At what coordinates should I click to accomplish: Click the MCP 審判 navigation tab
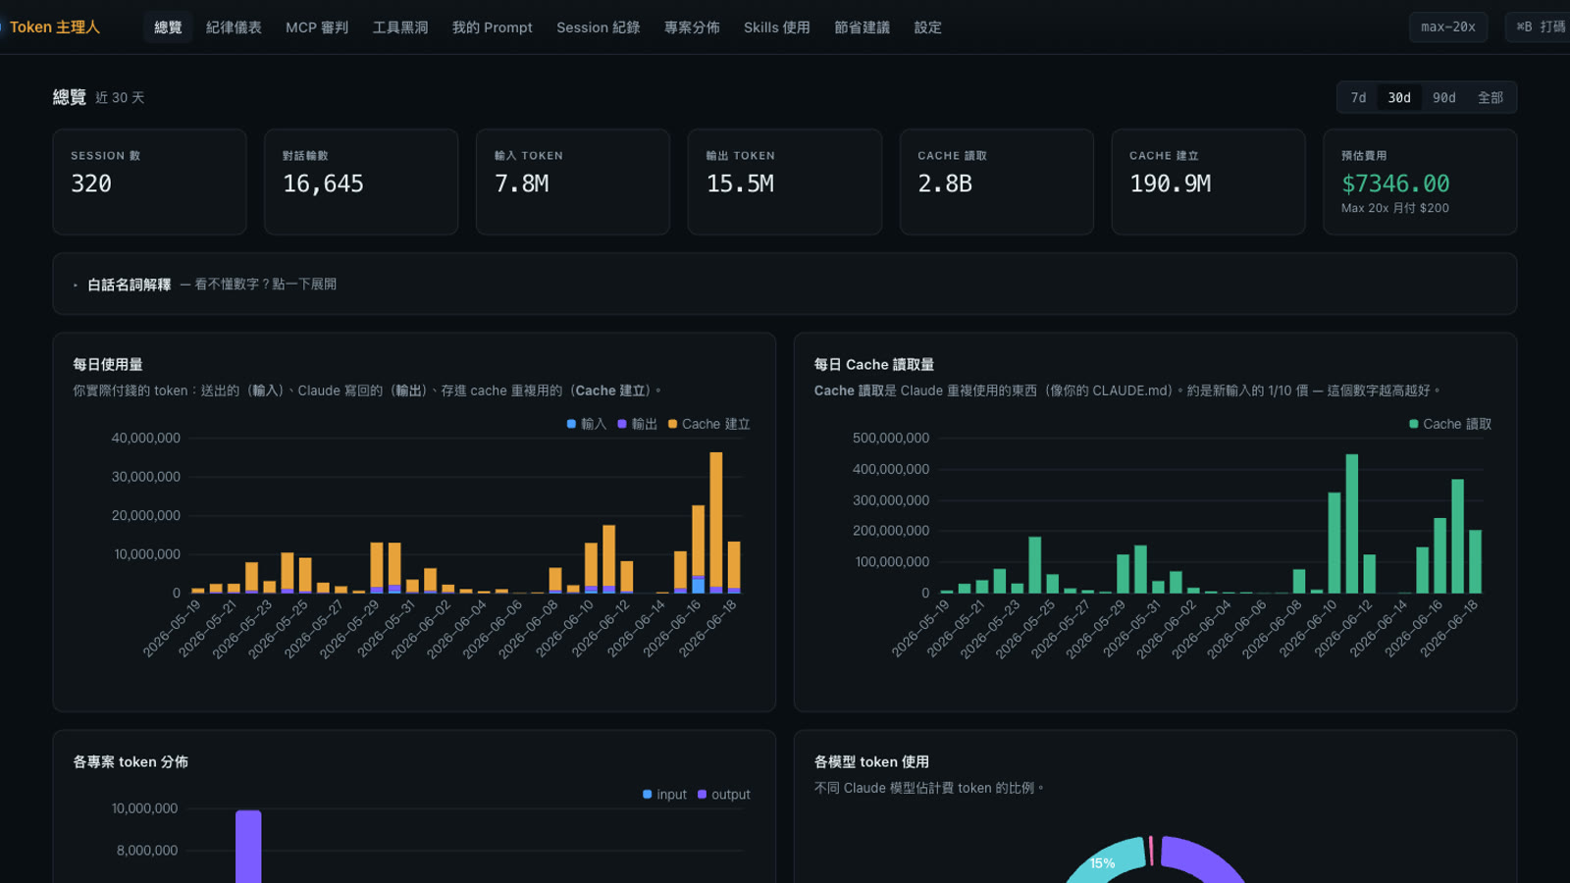(317, 27)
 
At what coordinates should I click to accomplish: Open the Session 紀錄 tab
(598, 27)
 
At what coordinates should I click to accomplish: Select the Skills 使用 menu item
(776, 27)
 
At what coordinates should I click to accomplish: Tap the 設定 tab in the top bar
(927, 27)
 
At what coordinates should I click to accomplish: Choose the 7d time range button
(1358, 97)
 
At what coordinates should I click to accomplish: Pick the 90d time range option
(1443, 97)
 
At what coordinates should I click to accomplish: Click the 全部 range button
(1491, 97)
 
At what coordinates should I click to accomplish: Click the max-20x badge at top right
(1448, 27)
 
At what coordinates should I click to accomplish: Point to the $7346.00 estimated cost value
(1395, 183)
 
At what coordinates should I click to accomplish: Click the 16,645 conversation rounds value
(323, 183)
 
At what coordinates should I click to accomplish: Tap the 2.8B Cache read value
(945, 183)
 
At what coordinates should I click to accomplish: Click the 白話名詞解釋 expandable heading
(129, 285)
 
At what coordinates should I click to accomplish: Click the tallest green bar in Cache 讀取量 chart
(1352, 524)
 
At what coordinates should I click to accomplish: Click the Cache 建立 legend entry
(709, 424)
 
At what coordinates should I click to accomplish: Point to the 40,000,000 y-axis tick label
(146, 438)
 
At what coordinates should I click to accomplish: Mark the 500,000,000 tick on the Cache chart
(891, 438)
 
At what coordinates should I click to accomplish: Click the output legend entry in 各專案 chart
(724, 794)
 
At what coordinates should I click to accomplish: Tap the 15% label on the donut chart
(1103, 863)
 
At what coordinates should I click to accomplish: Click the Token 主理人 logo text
(55, 27)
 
